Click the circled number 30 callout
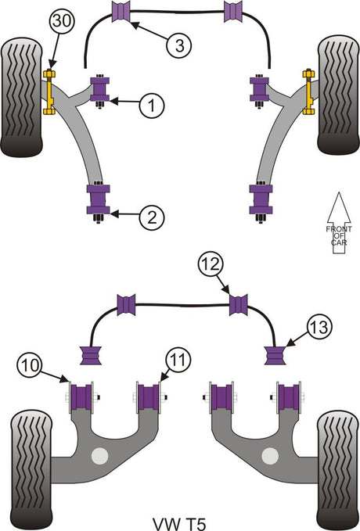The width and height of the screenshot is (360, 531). point(62,21)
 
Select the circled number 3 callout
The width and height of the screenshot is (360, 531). point(179,45)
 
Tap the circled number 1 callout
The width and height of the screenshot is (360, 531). point(152,106)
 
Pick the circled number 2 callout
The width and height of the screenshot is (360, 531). point(152,217)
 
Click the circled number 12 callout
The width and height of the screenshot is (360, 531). point(211,264)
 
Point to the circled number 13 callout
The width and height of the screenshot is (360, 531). point(319,327)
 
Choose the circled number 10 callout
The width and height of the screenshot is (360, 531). point(30,365)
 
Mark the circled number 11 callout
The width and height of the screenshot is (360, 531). point(178,361)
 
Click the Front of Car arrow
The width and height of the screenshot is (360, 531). point(339,224)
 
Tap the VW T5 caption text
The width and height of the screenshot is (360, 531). point(179,523)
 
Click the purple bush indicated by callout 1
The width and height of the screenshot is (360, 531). point(99,89)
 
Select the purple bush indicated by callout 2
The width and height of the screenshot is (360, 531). point(99,199)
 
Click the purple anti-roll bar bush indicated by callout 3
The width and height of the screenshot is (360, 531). point(121,12)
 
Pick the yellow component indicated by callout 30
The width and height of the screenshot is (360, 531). point(49,91)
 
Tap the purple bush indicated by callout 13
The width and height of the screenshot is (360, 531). point(275,355)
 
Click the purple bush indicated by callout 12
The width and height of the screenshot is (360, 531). point(239,305)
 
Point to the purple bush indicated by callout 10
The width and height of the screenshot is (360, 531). point(81,397)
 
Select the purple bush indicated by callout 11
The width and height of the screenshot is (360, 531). point(149,397)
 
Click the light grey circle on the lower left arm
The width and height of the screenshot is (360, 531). point(100,456)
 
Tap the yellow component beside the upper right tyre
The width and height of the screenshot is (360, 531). point(308,91)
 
